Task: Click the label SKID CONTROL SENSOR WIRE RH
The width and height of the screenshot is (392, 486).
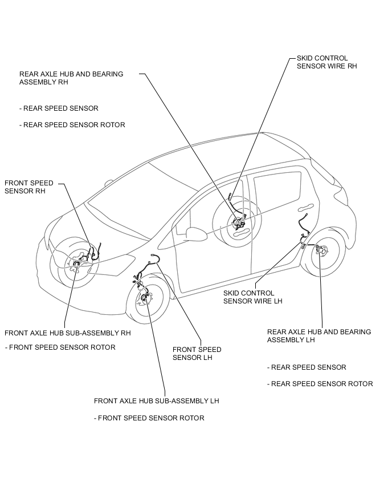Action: point(326,62)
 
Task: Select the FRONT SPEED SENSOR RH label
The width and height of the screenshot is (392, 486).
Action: point(29,187)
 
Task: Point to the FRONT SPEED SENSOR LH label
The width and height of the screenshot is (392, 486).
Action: point(197,354)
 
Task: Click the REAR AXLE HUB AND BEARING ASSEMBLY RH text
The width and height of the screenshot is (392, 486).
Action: point(71,78)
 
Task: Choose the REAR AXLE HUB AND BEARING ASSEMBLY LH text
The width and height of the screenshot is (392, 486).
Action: point(318,335)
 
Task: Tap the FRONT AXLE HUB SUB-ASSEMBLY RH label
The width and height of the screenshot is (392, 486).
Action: point(68,333)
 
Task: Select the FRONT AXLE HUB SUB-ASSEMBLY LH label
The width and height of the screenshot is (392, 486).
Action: point(156,401)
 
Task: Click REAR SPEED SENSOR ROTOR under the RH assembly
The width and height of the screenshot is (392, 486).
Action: point(72,125)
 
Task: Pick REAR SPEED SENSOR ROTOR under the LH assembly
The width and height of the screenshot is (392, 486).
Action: point(320,384)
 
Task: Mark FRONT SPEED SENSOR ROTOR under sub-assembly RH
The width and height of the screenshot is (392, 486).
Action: point(60,347)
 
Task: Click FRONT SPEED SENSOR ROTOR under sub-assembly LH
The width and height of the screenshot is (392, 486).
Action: point(149,418)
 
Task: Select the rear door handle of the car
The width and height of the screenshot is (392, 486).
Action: point(307,206)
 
